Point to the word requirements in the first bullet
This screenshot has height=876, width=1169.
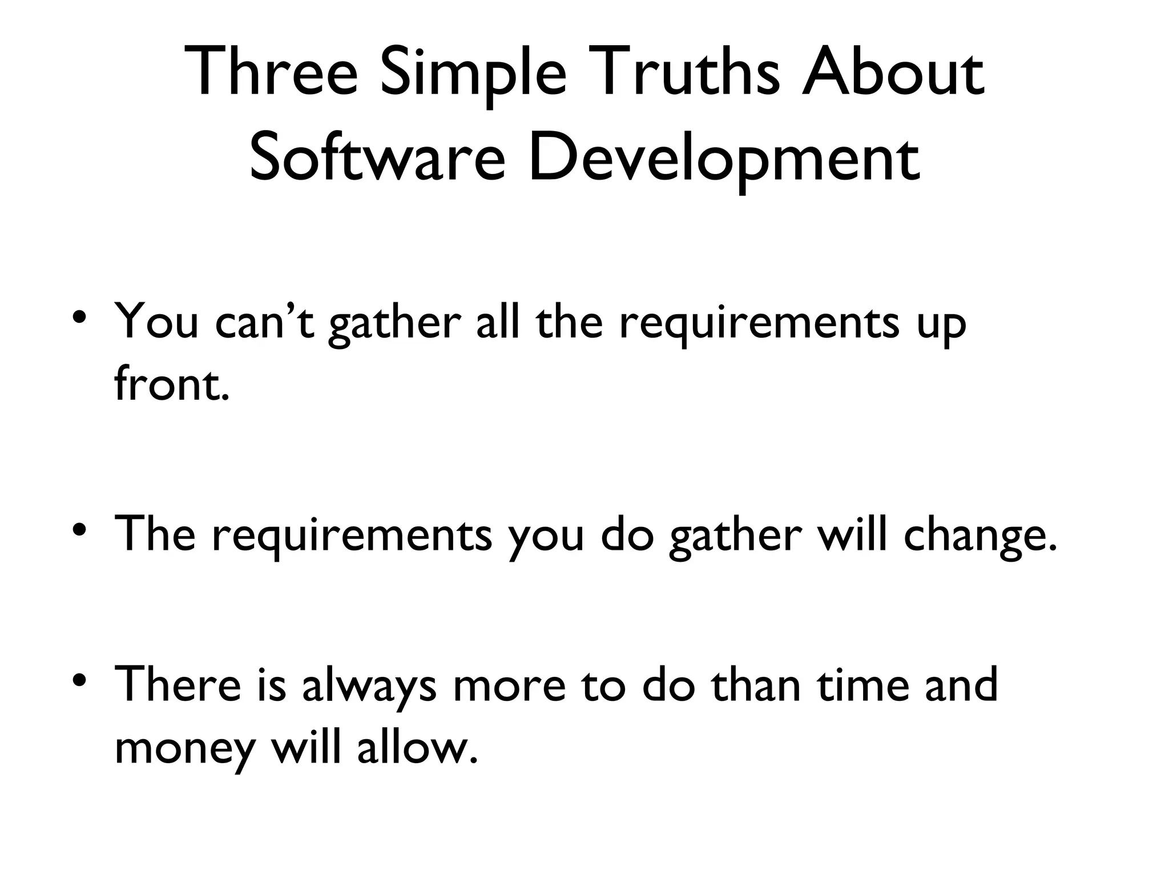pyautogui.click(x=759, y=323)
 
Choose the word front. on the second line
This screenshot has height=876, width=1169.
pyautogui.click(x=172, y=383)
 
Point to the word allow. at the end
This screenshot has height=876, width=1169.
pyautogui.click(x=417, y=747)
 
